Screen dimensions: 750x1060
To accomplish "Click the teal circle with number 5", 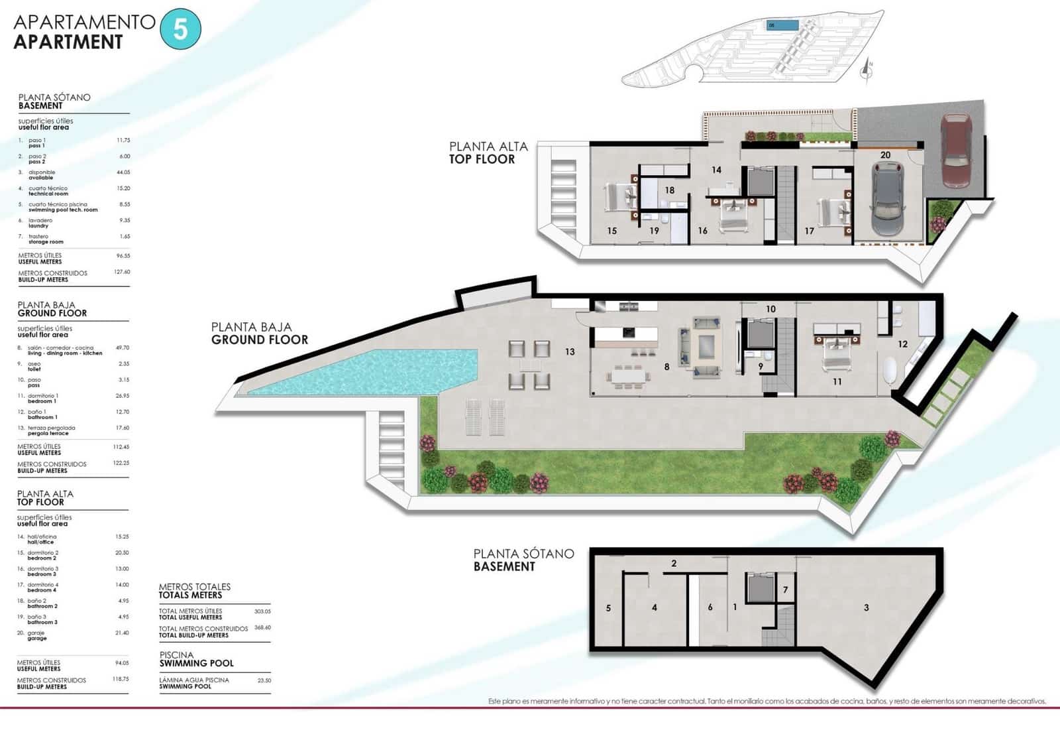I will (x=180, y=29).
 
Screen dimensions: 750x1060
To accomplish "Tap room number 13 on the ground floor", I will (x=570, y=351).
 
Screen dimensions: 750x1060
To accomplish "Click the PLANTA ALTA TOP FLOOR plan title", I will (x=488, y=153).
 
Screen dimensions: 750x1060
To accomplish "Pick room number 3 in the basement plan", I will (x=866, y=607).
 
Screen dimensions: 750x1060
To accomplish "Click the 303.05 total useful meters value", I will (x=262, y=611).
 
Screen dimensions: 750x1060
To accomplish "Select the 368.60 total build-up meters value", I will (x=262, y=627).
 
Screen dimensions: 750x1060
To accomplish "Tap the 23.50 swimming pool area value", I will (x=264, y=680).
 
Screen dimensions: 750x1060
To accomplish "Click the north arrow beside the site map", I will (x=867, y=69).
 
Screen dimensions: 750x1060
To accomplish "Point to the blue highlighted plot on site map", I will (x=782, y=25).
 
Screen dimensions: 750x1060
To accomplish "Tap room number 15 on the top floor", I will (x=611, y=231).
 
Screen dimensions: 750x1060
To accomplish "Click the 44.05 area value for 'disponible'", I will (x=123, y=172).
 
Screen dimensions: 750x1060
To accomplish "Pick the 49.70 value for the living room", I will (x=123, y=347).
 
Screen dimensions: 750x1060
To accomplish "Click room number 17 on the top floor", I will (x=809, y=231).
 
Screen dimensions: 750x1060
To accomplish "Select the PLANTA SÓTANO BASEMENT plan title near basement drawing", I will (x=523, y=560).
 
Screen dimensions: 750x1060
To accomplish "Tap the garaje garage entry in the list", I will (x=37, y=635).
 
